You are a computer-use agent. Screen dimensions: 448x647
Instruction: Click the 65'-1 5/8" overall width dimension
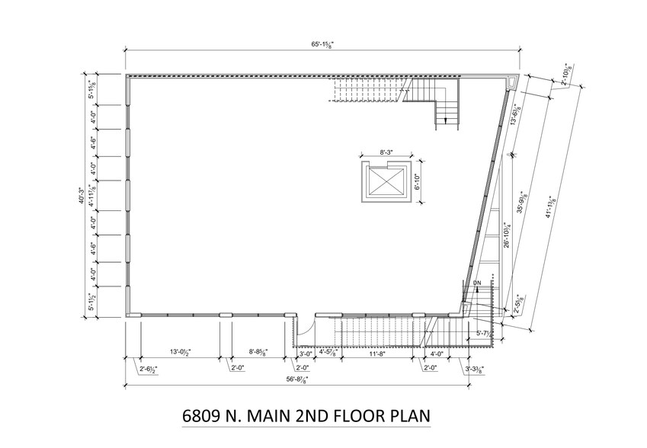coord(322,46)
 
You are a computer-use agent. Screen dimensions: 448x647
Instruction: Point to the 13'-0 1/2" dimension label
coord(179,352)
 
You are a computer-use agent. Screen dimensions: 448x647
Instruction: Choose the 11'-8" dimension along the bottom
coord(376,353)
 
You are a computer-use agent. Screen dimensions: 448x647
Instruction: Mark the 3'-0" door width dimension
coord(305,353)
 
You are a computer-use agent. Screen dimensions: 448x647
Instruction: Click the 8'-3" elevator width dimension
coord(385,153)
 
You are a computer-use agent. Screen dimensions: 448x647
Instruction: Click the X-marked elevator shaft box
coord(384,181)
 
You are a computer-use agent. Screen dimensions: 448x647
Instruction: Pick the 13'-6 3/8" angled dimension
coord(517,117)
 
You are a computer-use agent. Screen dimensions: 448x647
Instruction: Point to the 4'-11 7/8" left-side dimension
coord(92,196)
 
